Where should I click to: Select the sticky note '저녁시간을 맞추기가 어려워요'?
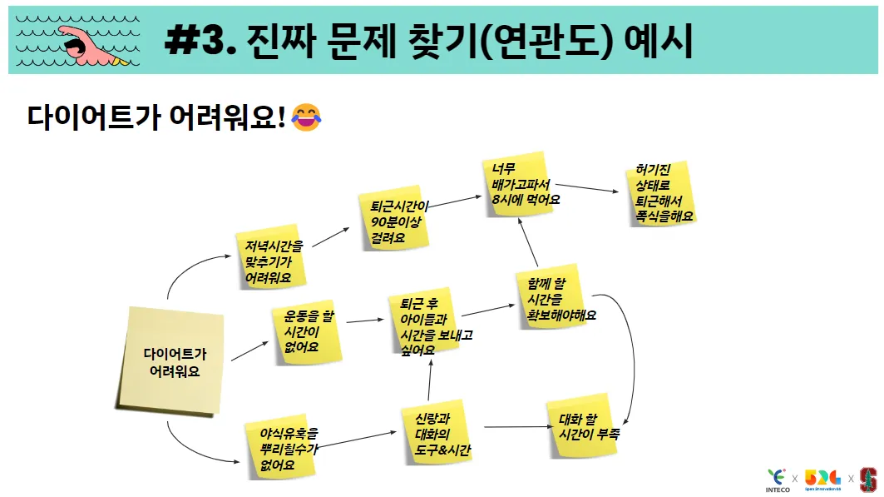tap(269, 260)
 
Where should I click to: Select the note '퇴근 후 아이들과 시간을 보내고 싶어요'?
tap(424, 325)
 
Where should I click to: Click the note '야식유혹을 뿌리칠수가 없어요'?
tap(283, 450)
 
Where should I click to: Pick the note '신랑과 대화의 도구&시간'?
tap(436, 434)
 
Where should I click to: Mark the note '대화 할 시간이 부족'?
tap(582, 427)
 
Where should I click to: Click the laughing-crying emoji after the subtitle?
tap(307, 117)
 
